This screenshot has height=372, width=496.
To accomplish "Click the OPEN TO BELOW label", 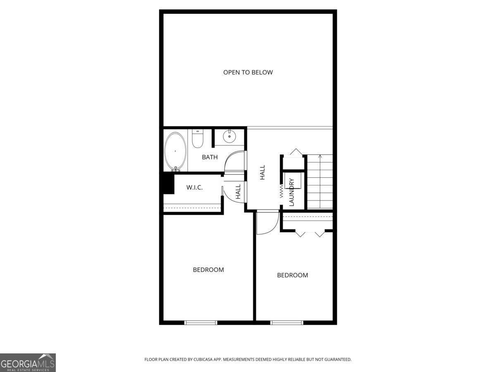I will click(248, 72).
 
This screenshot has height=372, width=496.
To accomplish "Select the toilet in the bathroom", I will click(197, 138).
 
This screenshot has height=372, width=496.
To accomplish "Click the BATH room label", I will click(210, 157).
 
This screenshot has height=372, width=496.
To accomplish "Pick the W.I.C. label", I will click(194, 187).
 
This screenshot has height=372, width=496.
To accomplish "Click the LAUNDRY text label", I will click(292, 192).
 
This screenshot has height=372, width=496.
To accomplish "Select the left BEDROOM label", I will click(208, 270).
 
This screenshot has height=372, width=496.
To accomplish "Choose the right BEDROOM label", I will click(292, 275).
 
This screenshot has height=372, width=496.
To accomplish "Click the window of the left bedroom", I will click(201, 322).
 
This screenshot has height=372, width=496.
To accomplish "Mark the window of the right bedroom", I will click(287, 322).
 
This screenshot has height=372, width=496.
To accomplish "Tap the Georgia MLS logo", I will click(28, 362).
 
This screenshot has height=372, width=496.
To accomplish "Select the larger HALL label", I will click(262, 172).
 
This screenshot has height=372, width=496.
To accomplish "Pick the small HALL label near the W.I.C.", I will click(238, 192).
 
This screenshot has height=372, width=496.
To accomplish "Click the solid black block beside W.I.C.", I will click(168, 183).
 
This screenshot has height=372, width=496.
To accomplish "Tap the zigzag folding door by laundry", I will click(281, 191).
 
